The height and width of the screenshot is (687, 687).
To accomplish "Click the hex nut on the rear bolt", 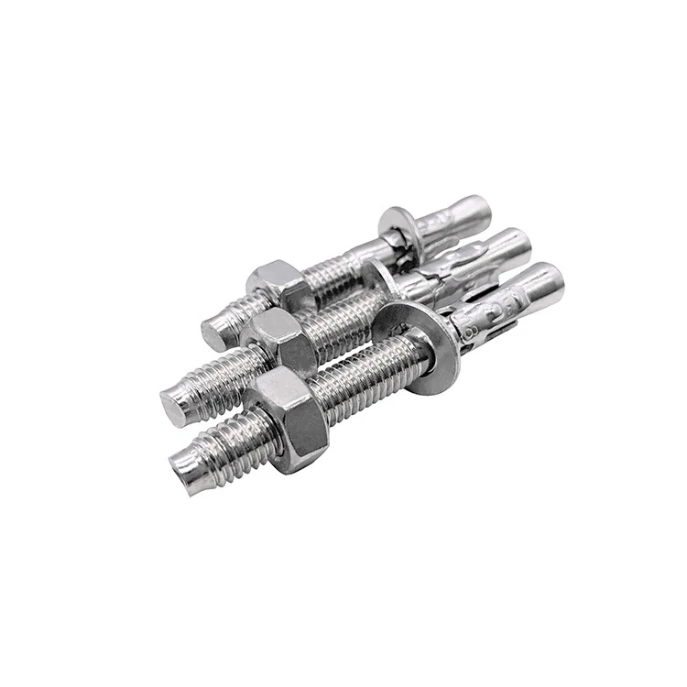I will (x=276, y=283).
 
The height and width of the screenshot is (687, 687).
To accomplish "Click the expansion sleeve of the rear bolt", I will (x=435, y=238).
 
